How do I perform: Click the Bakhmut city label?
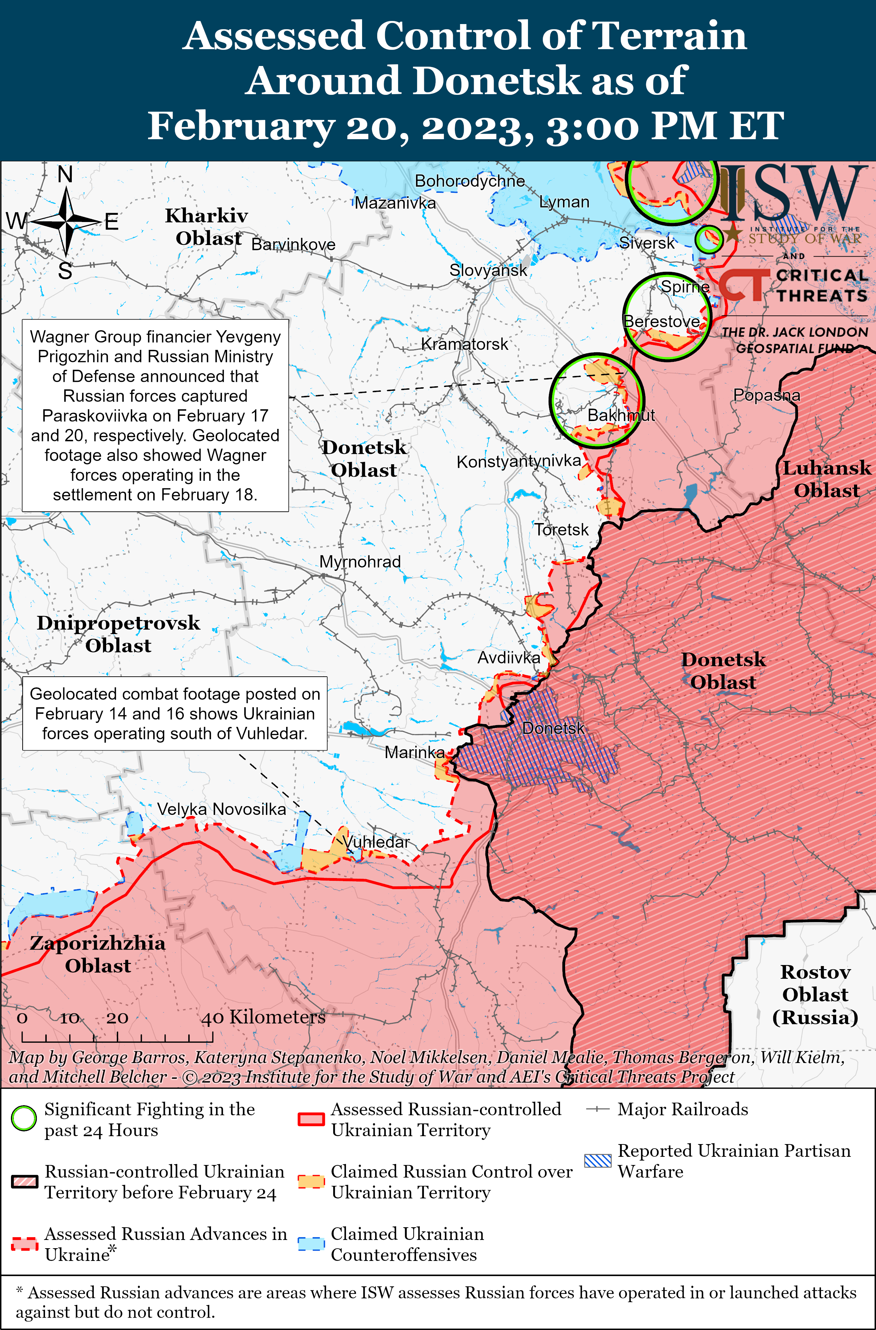tap(621, 415)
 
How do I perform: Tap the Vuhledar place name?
tap(376, 842)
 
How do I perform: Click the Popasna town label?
tap(766, 395)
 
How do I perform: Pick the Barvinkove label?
tap(293, 244)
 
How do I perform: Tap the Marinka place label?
tap(415, 752)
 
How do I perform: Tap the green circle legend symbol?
tap(23, 1118)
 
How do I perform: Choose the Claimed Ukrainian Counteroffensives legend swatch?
tap(311, 1244)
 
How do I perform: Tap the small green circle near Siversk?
tap(708, 239)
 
